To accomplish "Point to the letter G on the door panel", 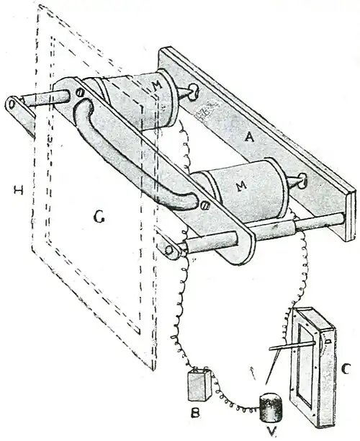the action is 100,217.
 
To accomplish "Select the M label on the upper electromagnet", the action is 158,85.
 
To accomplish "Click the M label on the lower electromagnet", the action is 242,186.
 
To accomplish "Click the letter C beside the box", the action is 345,368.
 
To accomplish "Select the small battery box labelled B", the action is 199,385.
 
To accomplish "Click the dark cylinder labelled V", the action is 270,408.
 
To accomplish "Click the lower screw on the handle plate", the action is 204,205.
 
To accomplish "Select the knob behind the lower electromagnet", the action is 302,181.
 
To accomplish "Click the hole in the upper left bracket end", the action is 12,104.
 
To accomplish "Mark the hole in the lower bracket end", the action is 169,250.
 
